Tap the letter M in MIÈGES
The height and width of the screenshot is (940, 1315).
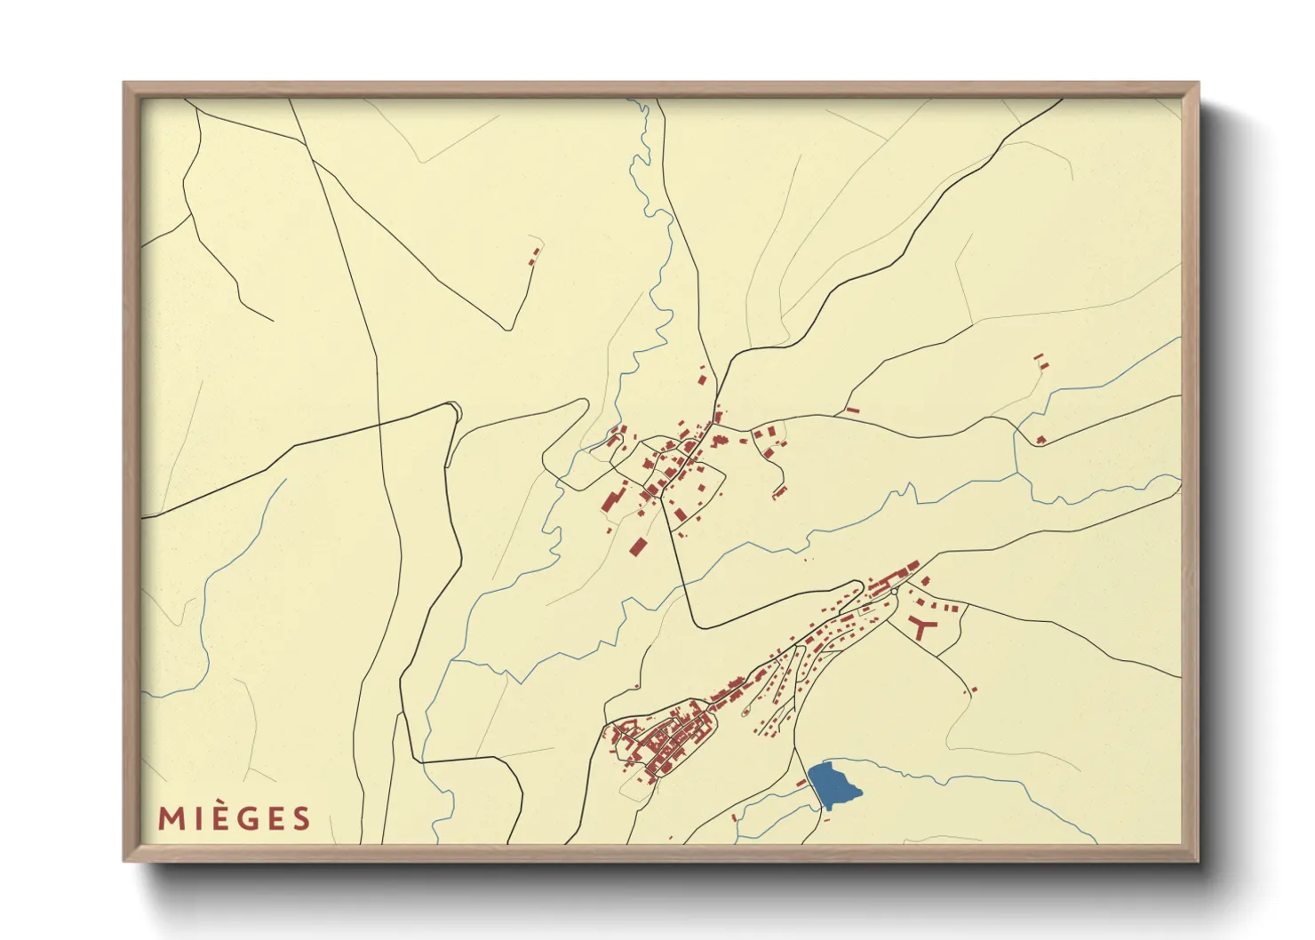[171, 818]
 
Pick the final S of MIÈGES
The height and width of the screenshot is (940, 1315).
[302, 818]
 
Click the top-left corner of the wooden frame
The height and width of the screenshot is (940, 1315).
[124, 84]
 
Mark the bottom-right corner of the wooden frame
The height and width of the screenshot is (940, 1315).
[1198, 861]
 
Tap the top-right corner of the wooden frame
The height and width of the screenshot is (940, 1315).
[1198, 84]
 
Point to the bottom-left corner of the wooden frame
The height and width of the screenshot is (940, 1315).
[124, 861]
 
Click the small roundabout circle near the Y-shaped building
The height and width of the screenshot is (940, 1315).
[896, 591]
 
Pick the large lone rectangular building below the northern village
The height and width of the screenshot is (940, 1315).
[637, 546]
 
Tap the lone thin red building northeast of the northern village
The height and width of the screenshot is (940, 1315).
[853, 410]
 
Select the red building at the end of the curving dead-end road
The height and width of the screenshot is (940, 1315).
[779, 491]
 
